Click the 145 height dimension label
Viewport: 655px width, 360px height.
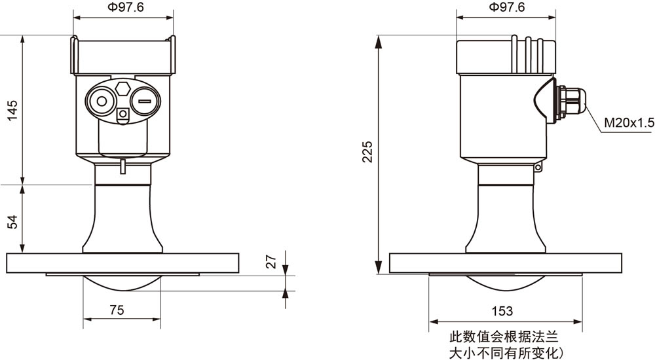(13, 110)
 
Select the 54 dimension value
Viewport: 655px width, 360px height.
(13, 222)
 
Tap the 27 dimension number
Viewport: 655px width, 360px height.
(272, 261)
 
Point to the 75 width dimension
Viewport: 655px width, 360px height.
(117, 310)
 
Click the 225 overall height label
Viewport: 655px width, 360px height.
(367, 152)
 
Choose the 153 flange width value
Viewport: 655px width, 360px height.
(502, 311)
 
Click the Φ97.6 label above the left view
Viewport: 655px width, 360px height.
(124, 7)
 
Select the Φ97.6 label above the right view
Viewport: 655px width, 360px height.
(507, 7)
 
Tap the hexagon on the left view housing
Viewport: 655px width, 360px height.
(123, 88)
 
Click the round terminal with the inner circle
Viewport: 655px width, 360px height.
(101, 101)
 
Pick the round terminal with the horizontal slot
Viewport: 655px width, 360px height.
(145, 101)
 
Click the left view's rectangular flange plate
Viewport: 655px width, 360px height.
(123, 263)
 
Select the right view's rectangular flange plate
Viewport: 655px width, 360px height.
(506, 263)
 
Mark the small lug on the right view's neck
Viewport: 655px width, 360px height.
(538, 168)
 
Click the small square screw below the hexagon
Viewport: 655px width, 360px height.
(123, 114)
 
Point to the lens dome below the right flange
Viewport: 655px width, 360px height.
(506, 282)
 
